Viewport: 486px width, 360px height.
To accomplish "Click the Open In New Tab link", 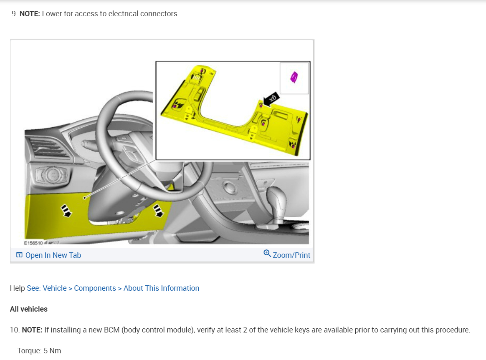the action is pos(53,255).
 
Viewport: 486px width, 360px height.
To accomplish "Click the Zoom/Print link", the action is pos(291,255).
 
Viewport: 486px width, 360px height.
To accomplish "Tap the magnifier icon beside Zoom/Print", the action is pos(267,254).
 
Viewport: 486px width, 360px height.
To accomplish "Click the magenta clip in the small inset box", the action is pos(294,78).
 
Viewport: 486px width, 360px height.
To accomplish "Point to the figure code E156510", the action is pos(33,243).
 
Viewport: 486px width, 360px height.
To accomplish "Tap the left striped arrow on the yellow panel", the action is pos(66,211).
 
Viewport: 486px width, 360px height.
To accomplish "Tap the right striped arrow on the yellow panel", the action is pos(158,210).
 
